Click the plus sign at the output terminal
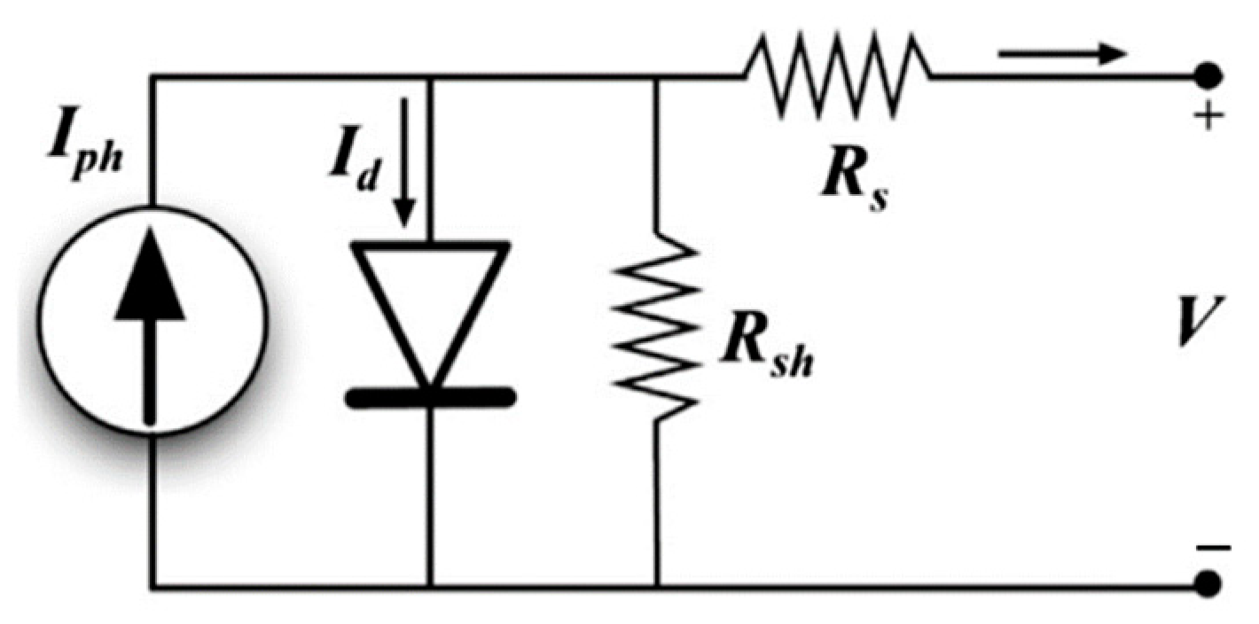[x=1204, y=119]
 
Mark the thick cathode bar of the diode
[x=430, y=398]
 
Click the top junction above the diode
[x=430, y=78]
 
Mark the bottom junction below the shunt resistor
[x=656, y=586]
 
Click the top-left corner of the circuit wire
[x=152, y=78]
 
